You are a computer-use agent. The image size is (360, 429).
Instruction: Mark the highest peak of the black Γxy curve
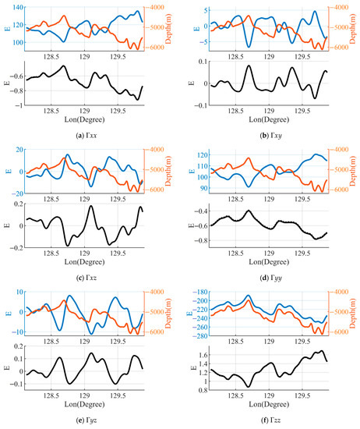pyautogui.click(x=249, y=66)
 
